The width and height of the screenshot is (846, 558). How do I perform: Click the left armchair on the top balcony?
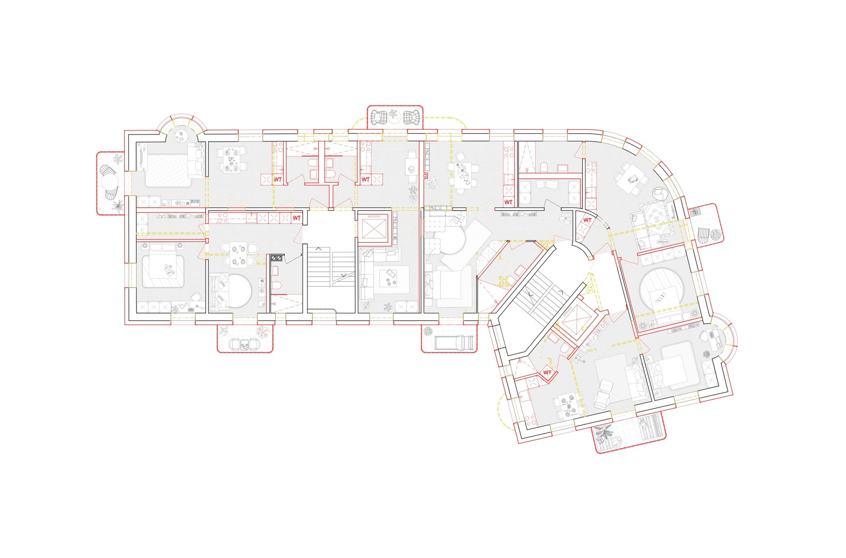pyautogui.click(x=379, y=117)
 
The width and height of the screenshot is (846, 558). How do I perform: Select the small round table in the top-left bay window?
pyautogui.click(x=181, y=136)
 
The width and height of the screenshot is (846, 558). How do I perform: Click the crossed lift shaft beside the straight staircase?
pyautogui.click(x=373, y=227)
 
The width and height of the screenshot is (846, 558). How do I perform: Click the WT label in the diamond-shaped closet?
pyautogui.click(x=547, y=372)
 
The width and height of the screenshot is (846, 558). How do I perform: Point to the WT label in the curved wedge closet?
pyautogui.click(x=587, y=220)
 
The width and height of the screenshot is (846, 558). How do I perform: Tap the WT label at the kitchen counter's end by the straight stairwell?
pyautogui.click(x=296, y=218)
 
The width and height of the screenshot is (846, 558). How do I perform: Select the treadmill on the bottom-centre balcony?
pyautogui.click(x=454, y=342)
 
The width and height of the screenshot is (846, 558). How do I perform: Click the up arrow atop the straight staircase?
pyautogui.click(x=319, y=249)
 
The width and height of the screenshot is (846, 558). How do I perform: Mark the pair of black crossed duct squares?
pyautogui.click(x=277, y=258)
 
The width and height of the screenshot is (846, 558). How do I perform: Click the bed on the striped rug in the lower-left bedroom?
pyautogui.click(x=163, y=271)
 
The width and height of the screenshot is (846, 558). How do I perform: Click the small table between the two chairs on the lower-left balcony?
pyautogui.click(x=244, y=344)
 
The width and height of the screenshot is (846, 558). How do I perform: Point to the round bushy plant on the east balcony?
pyautogui.click(x=715, y=235)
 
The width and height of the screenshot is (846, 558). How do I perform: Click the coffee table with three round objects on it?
pyautogui.click(x=391, y=279)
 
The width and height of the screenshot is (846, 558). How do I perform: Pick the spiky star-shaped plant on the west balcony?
pyautogui.click(x=117, y=206)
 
